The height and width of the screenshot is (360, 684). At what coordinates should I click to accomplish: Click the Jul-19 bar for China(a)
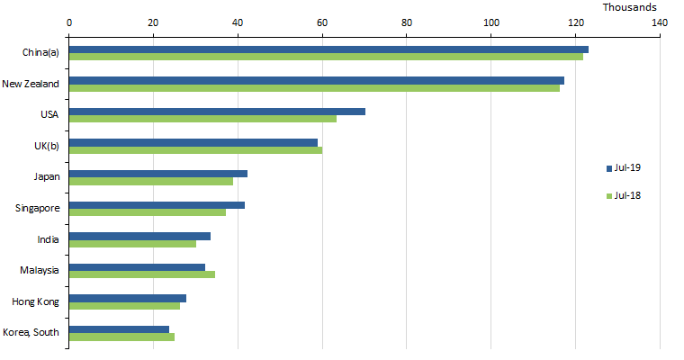[x=328, y=49]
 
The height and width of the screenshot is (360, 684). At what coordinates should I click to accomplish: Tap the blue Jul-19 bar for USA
[x=217, y=112]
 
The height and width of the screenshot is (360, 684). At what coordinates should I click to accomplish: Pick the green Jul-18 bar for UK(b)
[x=195, y=150]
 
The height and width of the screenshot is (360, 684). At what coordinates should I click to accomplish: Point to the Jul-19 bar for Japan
[x=158, y=174]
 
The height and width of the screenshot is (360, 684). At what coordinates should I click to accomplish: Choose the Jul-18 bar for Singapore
[x=148, y=212]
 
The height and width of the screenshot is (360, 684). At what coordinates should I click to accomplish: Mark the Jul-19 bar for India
[x=139, y=236]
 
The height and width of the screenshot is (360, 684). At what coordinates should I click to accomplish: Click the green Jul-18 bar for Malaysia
[x=142, y=274]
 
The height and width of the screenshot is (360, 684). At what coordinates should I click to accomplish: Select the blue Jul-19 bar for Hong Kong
[x=128, y=298]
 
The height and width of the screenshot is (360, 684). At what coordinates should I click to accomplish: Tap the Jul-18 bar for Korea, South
[x=121, y=337]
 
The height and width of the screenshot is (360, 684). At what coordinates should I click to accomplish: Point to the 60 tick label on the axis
[x=322, y=22]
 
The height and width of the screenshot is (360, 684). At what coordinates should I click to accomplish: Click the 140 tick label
[x=660, y=22]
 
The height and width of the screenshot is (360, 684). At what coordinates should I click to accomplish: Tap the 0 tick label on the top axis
[x=69, y=22]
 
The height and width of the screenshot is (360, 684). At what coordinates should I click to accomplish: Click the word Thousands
[x=630, y=7]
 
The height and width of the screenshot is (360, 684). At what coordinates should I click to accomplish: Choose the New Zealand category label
[x=31, y=84]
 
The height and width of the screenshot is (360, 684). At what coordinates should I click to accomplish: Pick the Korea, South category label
[x=31, y=332]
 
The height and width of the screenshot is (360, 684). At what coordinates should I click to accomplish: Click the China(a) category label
[x=40, y=53]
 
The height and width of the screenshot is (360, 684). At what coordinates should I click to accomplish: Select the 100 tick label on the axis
[x=491, y=22]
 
